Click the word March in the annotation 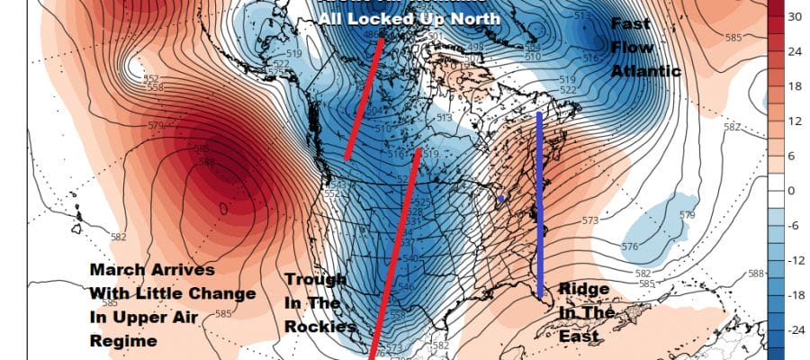click(113, 270)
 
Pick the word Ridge click(586, 289)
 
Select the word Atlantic click(644, 71)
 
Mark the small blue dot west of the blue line click(501, 198)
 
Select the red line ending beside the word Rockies click(397, 252)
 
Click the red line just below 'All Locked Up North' click(364, 99)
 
